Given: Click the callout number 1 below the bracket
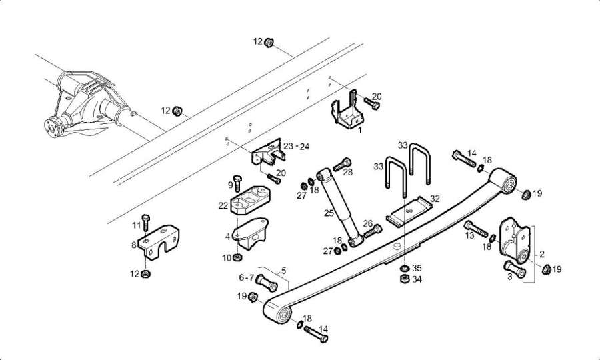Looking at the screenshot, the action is tap(360, 130).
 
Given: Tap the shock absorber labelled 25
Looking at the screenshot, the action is tap(340, 209).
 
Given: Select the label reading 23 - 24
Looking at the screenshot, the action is tap(296, 146).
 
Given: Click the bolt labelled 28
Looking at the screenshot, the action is tap(342, 165).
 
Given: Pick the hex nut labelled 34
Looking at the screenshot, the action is tap(405, 279).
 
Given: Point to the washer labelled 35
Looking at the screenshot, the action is tap(405, 268).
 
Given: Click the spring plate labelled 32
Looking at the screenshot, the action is tap(409, 211).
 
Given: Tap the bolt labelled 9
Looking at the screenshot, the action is tap(237, 183).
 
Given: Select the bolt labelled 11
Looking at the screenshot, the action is tap(145, 222).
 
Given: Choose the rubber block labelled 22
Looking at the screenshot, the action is tap(249, 200).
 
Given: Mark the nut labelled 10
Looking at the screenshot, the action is tap(237, 257).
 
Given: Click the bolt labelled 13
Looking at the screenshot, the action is tap(475, 229).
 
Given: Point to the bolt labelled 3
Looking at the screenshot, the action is tap(515, 269).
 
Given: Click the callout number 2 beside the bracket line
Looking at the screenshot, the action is tap(542, 255).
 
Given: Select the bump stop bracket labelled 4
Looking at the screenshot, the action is tap(251, 233).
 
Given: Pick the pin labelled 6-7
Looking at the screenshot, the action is tap(266, 283).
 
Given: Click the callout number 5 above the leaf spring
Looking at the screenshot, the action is tap(283, 271).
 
